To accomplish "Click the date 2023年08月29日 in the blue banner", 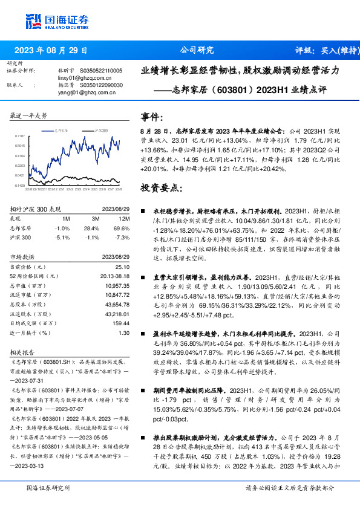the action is click(x=51, y=50).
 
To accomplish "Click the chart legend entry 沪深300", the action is click(x=102, y=130).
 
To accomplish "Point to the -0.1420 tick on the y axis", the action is click(x=19, y=185).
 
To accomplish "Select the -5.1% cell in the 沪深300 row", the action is click(x=62, y=238).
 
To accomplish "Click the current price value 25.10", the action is click(x=122, y=267).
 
